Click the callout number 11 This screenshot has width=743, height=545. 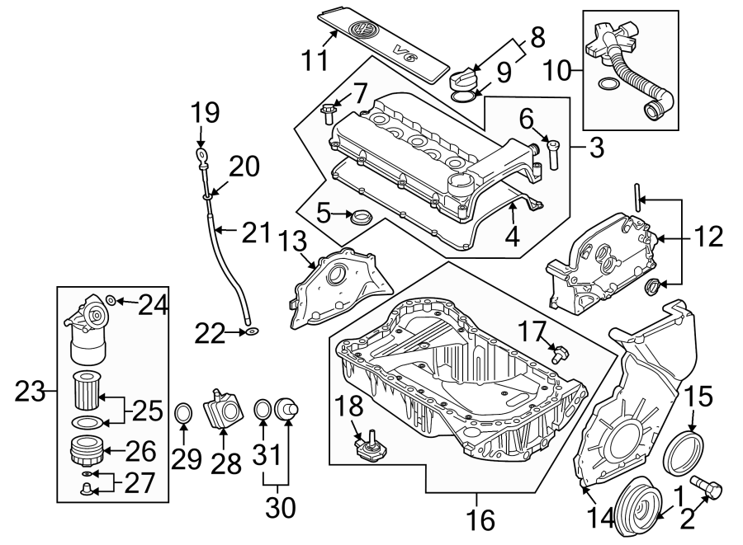314,59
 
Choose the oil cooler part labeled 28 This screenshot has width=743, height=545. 224,409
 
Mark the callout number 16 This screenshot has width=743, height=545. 481,519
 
